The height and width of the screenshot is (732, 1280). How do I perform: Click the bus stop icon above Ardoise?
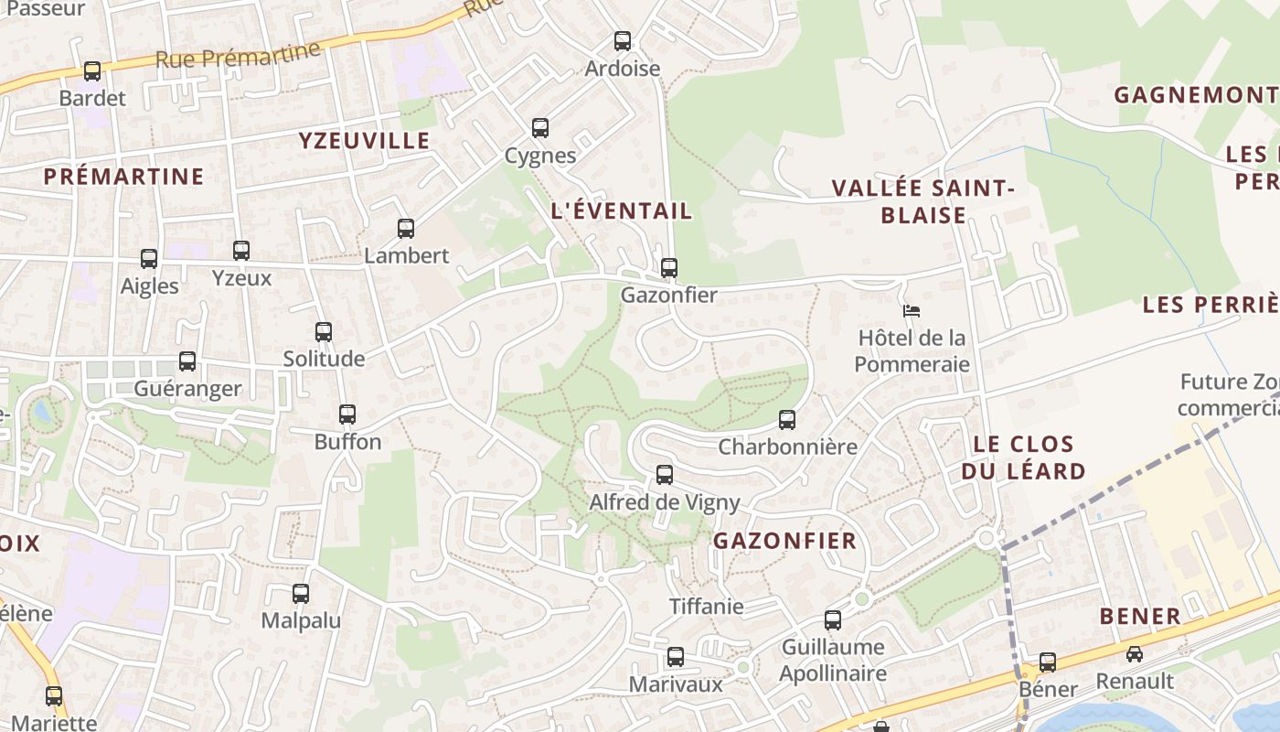click(623, 41)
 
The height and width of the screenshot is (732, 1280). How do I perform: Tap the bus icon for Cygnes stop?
click(540, 128)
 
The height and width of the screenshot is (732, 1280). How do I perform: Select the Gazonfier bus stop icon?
click(669, 268)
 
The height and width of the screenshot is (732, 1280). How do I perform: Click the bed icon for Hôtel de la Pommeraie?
click(911, 311)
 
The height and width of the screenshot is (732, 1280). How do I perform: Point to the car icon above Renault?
click(1134, 654)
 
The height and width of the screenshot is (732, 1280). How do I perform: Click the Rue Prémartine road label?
click(239, 56)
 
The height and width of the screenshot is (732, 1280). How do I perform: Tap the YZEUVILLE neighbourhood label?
click(364, 140)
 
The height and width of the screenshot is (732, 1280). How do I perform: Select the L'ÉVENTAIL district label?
click(622, 210)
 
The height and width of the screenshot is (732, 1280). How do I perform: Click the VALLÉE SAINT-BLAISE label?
click(923, 201)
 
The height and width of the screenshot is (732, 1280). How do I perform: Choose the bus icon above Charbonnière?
click(787, 420)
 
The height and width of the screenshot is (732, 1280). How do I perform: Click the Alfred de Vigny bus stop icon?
click(665, 475)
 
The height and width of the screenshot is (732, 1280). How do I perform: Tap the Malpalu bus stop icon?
click(301, 594)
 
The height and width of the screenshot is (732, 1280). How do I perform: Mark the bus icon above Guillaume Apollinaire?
click(833, 620)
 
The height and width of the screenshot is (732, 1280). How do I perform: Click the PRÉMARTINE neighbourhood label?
click(123, 177)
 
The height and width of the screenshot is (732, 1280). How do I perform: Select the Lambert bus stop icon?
click(406, 229)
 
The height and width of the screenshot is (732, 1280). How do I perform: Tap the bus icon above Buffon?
click(347, 414)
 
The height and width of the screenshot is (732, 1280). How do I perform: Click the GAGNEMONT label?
click(1194, 94)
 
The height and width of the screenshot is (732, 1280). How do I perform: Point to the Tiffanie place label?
click(707, 606)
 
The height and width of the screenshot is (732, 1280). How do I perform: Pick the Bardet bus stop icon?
click(92, 71)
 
